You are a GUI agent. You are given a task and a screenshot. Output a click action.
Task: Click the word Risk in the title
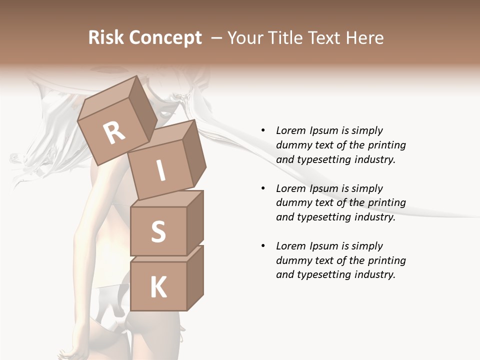click(106, 38)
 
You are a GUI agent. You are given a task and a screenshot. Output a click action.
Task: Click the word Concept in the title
click(165, 38)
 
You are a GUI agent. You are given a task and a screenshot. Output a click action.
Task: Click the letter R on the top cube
click(114, 132)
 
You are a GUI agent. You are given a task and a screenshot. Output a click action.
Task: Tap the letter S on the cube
click(158, 231)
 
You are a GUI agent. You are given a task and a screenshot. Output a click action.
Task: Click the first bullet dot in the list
click(263, 130)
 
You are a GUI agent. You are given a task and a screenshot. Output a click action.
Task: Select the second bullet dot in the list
click(263, 188)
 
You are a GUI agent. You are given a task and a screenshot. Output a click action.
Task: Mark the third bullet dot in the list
click(263, 246)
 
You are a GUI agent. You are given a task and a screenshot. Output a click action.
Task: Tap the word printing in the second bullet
click(384, 203)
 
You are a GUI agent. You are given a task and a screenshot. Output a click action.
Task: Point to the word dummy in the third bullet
click(292, 260)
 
